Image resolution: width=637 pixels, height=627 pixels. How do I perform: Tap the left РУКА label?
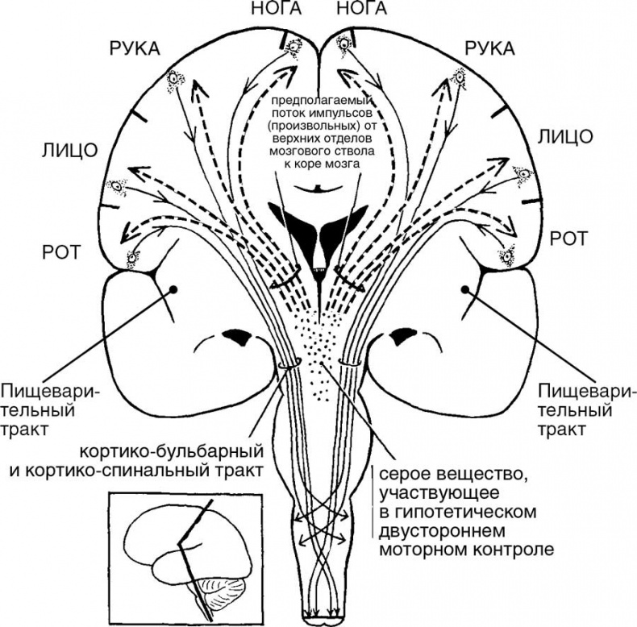(x=133, y=51)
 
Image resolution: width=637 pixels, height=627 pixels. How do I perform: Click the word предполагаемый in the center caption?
(x=317, y=102)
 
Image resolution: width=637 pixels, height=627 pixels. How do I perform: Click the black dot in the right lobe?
(x=466, y=289)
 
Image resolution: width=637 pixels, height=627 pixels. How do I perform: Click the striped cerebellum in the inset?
(x=223, y=588)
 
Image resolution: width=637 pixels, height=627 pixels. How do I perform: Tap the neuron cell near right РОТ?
(x=507, y=256)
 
